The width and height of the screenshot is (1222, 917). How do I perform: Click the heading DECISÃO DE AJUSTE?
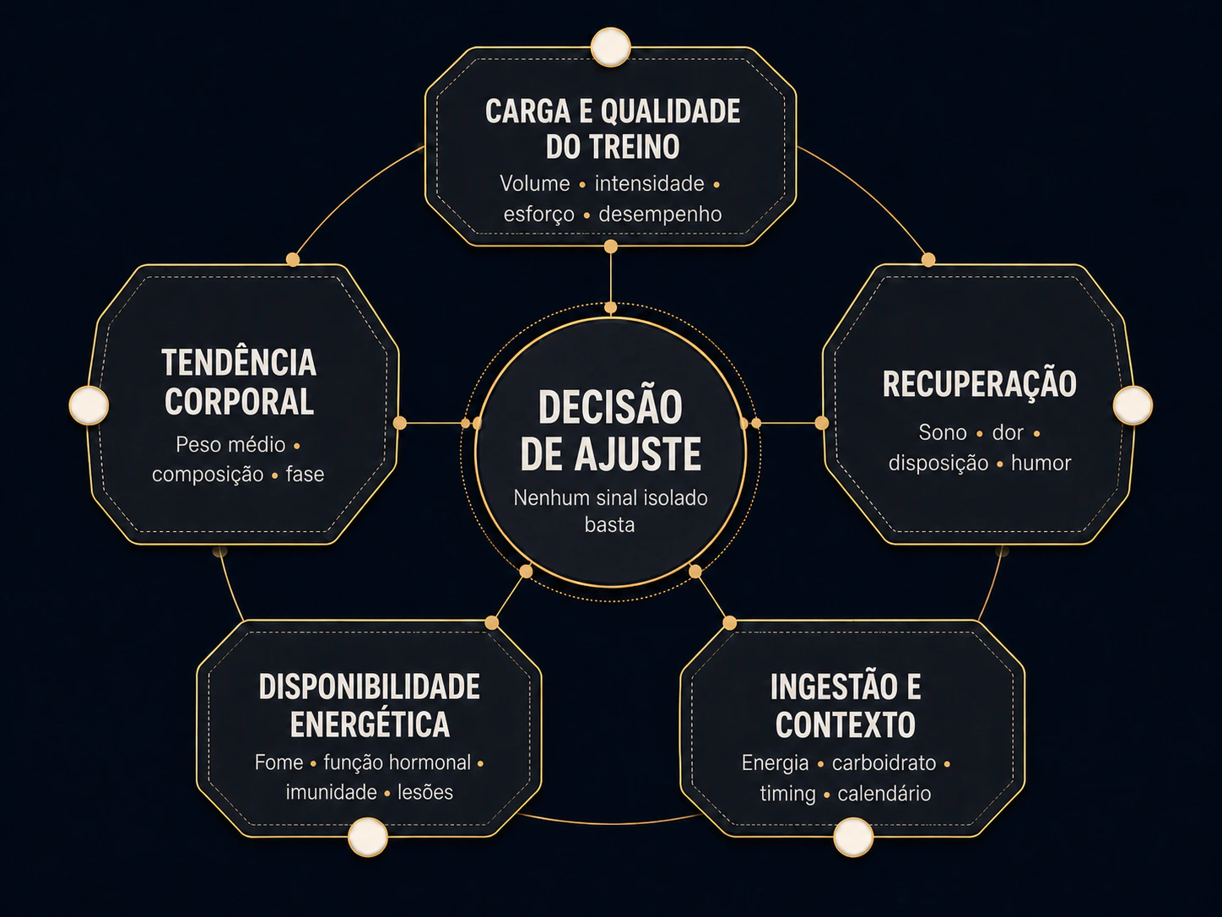(x=611, y=431)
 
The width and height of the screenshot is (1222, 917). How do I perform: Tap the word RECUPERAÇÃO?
(x=979, y=384)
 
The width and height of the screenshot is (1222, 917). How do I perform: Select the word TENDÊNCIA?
(x=239, y=363)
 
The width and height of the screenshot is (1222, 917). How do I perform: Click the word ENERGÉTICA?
(x=370, y=724)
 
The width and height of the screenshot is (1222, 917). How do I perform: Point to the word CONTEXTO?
(x=845, y=724)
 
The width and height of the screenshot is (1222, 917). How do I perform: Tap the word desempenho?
(x=660, y=214)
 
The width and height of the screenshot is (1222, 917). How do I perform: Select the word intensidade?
(x=649, y=184)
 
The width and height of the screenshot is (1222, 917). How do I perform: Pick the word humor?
(x=1041, y=464)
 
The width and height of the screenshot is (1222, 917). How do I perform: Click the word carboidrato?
(x=884, y=762)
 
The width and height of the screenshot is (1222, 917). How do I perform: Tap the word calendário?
(x=884, y=794)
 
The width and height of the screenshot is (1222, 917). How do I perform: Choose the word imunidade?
(x=332, y=792)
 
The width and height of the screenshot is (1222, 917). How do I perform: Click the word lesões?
(x=425, y=792)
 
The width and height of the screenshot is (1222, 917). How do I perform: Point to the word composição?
(x=208, y=475)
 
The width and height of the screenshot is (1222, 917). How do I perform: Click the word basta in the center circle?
(x=609, y=524)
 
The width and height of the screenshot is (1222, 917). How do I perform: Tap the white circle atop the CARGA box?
(x=611, y=47)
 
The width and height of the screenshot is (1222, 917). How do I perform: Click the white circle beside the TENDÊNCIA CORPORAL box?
(x=89, y=404)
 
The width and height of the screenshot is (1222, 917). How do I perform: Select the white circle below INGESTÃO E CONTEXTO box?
(x=853, y=837)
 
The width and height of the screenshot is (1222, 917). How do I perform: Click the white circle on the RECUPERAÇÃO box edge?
(x=1133, y=404)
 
